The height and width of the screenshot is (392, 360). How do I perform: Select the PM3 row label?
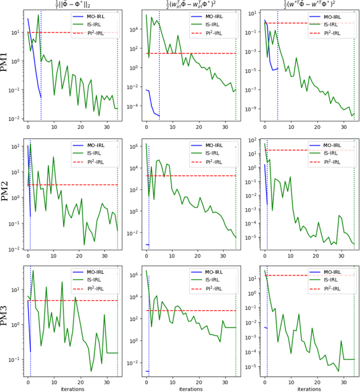(x=7, y=323)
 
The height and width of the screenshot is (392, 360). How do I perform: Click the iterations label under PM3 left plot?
(x=73, y=388)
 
